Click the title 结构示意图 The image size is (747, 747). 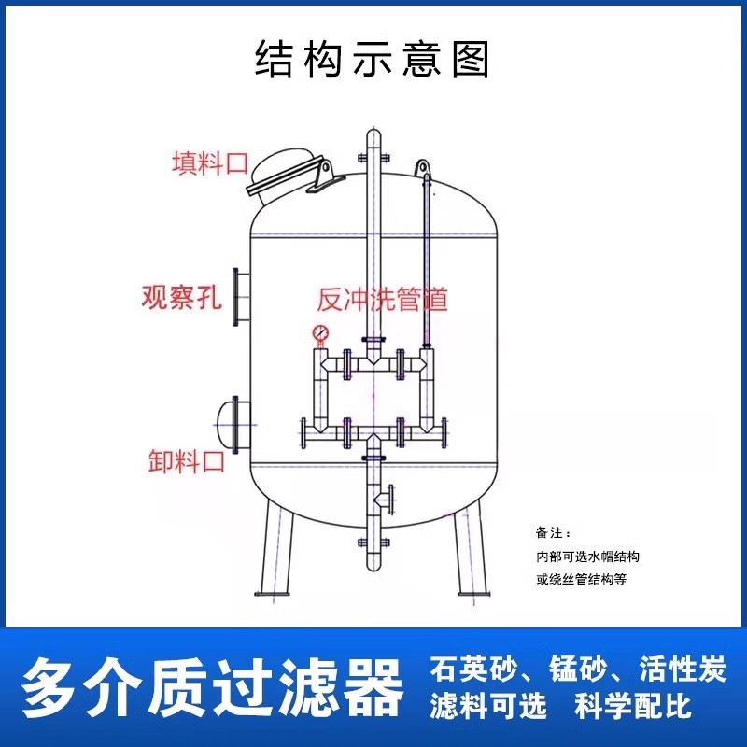point(372,59)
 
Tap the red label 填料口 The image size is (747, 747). point(210,163)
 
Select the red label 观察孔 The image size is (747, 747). point(182,297)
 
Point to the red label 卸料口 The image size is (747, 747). point(186,460)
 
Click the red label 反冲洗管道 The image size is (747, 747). point(383,300)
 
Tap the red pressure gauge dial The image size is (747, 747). point(320,332)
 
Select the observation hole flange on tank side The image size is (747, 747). point(241,297)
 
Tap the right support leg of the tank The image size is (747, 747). point(470,552)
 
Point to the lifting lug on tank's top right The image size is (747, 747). point(422,168)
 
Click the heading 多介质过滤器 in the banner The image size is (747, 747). point(212,687)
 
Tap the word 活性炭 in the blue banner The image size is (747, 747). point(683,669)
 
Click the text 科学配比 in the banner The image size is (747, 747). point(633,706)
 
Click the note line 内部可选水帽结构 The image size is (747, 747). point(587,557)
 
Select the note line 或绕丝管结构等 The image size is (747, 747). point(581,579)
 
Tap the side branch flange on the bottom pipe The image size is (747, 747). point(391,500)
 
